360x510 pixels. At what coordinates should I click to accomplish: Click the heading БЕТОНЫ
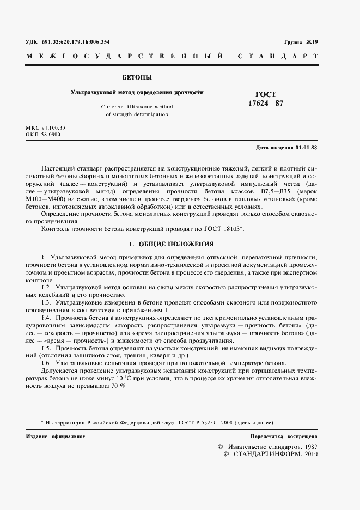tap(137, 77)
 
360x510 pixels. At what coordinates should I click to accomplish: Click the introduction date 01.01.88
tap(306, 148)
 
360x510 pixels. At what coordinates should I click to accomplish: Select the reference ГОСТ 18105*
tap(224, 229)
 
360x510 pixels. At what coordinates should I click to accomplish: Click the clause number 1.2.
tap(47, 287)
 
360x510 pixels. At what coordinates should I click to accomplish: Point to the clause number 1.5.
tap(47, 347)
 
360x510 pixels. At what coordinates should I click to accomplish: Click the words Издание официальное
tap(55, 436)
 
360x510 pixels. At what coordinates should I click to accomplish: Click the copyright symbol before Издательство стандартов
tap(220, 446)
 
